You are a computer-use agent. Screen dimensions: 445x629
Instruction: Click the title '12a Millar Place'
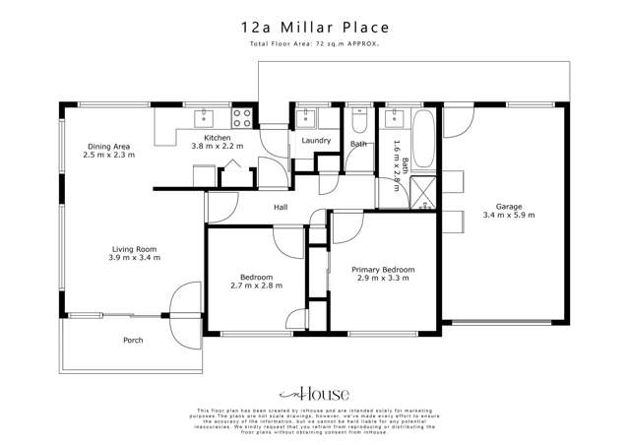click(x=314, y=29)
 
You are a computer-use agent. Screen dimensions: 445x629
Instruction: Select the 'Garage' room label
click(x=509, y=206)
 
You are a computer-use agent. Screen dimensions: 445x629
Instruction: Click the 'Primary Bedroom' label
click(x=385, y=269)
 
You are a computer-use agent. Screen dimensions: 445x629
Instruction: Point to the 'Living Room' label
click(x=134, y=248)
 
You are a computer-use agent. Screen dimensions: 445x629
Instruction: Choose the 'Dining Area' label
click(x=106, y=146)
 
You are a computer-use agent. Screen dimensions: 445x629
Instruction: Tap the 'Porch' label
click(x=133, y=341)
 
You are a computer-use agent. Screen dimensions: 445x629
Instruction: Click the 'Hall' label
click(x=281, y=207)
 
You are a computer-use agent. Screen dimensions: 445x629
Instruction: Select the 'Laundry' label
click(x=316, y=140)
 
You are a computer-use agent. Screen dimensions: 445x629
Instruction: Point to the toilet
click(x=359, y=123)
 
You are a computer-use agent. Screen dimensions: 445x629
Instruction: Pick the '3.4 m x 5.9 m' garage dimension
click(x=509, y=216)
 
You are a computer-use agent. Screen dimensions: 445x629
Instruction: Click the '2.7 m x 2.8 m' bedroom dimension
click(x=256, y=286)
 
